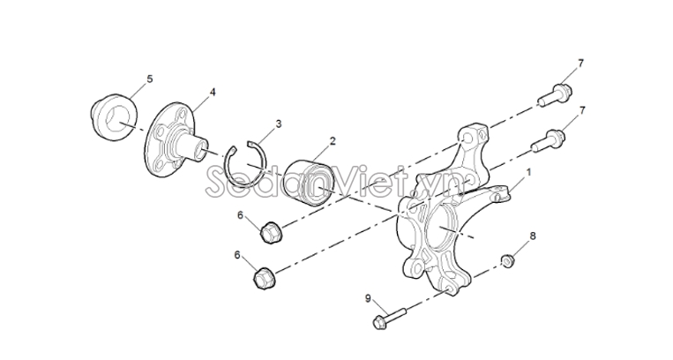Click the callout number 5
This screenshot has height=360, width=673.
[149, 79]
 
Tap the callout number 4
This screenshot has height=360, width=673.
[213, 93]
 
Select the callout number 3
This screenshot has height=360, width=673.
[279, 124]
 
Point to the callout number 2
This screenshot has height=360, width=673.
[333, 141]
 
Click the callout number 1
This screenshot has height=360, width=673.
[529, 172]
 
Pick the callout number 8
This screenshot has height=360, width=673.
[533, 236]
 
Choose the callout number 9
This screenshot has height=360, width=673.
[368, 298]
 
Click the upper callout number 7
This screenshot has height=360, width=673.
[580, 64]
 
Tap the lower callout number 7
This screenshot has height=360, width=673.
[582, 110]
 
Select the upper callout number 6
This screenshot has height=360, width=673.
[240, 214]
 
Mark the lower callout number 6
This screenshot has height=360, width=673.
[237, 255]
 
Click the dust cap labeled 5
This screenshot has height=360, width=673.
[113, 116]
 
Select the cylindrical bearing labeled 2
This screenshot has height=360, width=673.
[310, 182]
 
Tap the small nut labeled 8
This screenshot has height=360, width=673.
[508, 261]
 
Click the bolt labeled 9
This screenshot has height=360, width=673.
[389, 319]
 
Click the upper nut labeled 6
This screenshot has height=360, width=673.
[271, 231]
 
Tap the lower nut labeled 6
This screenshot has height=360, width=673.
[265, 278]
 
